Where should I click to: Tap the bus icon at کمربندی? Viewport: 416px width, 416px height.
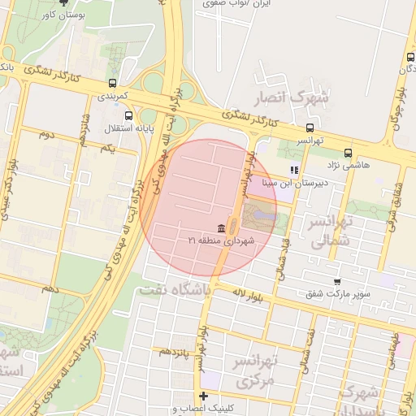point(111,83)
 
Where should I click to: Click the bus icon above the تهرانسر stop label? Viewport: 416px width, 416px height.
point(309,128)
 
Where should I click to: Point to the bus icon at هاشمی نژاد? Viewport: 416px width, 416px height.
point(349,152)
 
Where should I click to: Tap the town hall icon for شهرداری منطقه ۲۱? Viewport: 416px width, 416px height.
point(222,228)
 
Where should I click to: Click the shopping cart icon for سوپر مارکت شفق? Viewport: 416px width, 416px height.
point(336,281)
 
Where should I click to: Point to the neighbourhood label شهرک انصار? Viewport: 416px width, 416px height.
point(294,98)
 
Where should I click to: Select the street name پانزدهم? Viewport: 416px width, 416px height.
point(175,351)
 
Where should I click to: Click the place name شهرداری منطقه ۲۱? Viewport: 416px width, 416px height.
point(222,241)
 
